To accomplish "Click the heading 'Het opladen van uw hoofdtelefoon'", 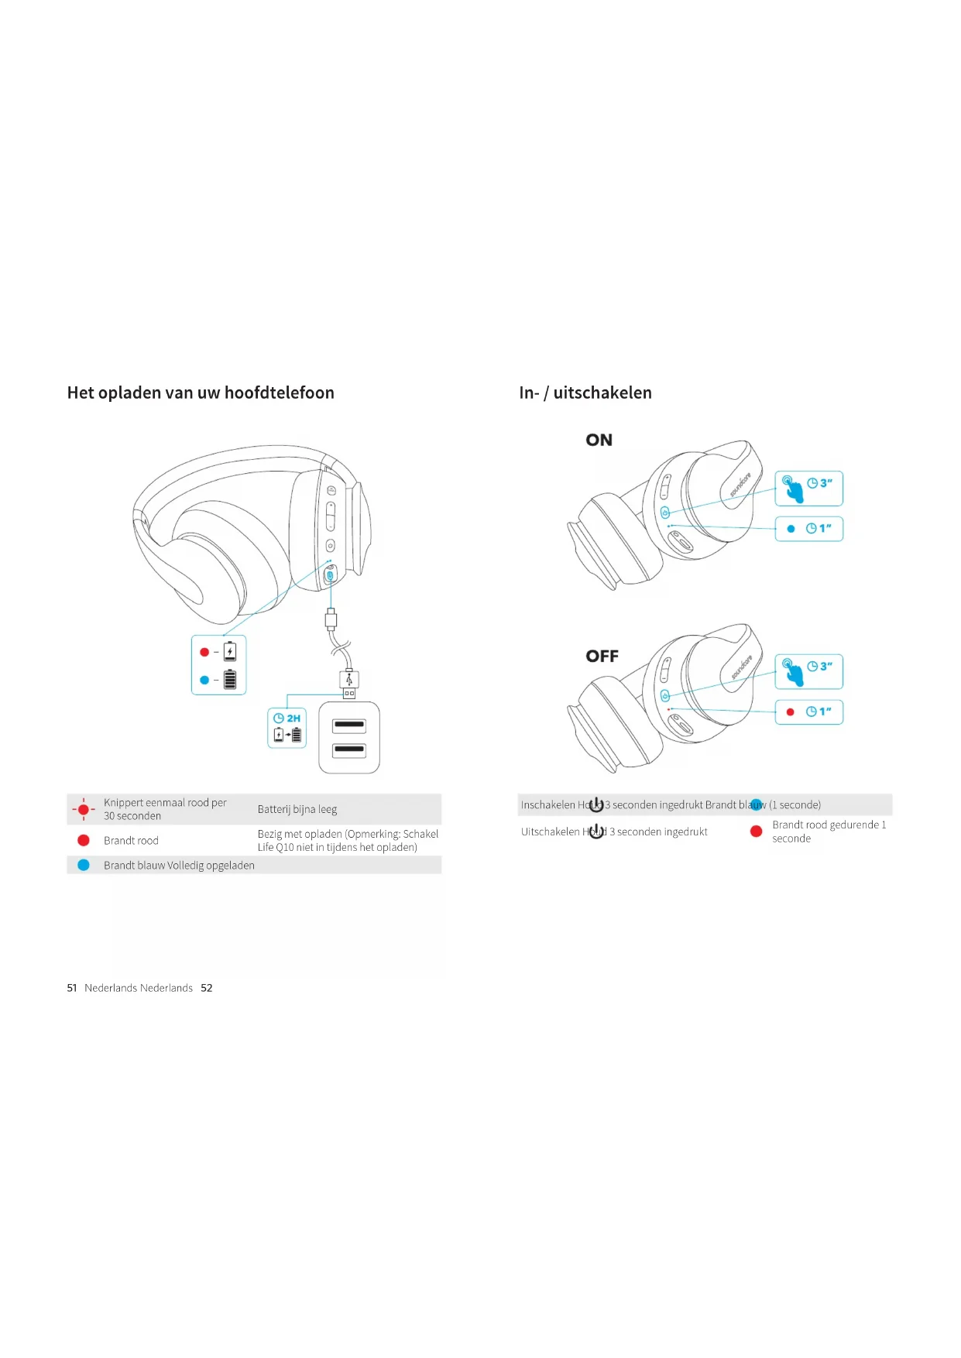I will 201,393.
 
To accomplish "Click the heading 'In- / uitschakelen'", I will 585,393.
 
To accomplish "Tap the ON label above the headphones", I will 599,440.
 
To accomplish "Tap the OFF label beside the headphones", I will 602,656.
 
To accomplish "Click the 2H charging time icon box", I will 287,727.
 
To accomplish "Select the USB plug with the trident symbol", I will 349,681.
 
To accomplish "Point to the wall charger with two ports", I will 349,737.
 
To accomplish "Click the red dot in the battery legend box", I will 204,652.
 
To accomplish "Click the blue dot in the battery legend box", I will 204,680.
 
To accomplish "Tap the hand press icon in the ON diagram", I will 792,489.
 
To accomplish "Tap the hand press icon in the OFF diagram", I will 792,671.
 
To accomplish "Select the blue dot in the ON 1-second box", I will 791,529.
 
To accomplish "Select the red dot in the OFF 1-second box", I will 790,712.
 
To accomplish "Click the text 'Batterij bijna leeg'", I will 297,809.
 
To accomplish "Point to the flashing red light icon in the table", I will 83,809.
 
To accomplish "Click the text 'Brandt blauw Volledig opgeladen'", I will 179,865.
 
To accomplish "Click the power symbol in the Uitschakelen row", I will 595,832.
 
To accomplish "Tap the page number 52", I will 206,988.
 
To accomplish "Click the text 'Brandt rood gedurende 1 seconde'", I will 828,832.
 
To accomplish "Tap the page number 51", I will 72,988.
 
